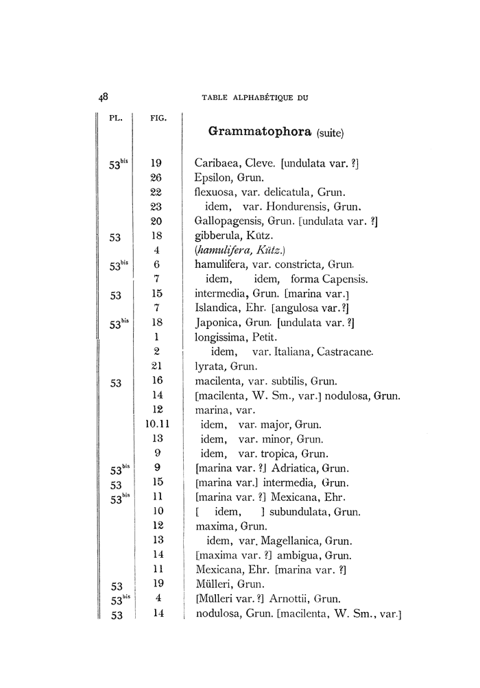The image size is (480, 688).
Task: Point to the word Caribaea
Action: [x=217, y=164]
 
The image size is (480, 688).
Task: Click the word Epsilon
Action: [x=213, y=178]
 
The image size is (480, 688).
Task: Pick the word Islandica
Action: [x=216, y=308]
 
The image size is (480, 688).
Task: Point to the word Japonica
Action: [x=215, y=322]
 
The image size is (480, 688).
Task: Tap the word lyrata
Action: [x=210, y=366]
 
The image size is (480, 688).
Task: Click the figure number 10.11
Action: [x=157, y=424]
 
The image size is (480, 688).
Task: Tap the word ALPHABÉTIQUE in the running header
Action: [x=261, y=98]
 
